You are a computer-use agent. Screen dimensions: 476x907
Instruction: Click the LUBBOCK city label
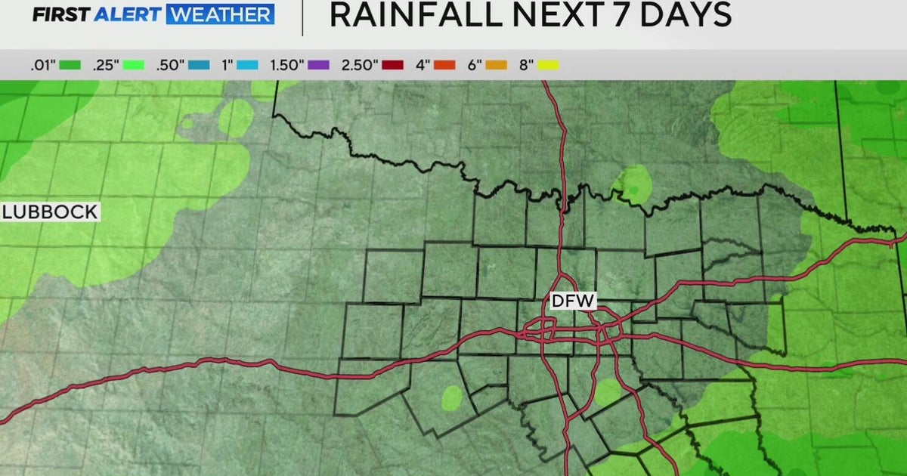(x=50, y=212)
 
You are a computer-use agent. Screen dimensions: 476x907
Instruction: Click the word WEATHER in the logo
(x=219, y=14)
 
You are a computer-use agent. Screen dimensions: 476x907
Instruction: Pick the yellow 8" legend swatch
(x=548, y=66)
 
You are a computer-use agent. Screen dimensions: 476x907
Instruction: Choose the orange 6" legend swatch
(x=495, y=66)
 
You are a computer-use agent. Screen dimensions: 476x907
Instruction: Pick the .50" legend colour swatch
(x=200, y=66)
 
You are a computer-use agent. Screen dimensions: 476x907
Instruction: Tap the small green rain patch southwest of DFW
(x=451, y=396)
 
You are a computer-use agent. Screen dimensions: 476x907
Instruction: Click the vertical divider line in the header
(x=302, y=17)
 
